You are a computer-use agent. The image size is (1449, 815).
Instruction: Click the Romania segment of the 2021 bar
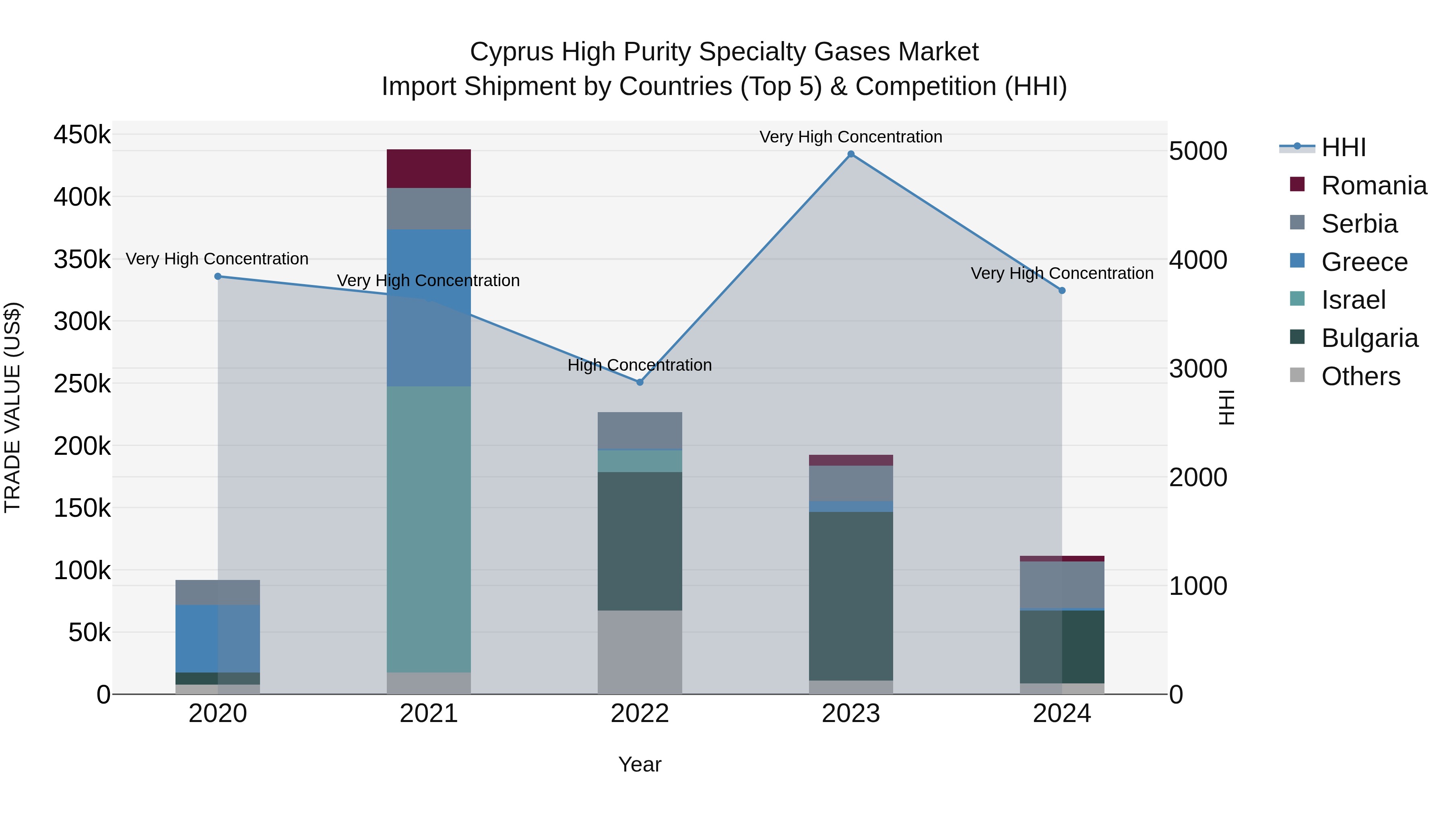(429, 169)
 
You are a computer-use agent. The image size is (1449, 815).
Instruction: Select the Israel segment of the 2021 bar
(429, 529)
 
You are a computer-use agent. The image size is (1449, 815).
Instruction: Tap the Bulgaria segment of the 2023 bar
(850, 596)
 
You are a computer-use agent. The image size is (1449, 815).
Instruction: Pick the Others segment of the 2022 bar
(640, 652)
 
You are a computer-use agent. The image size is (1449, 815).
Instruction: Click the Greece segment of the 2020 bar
(218, 638)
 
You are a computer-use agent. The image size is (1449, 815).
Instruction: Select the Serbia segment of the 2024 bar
(1062, 585)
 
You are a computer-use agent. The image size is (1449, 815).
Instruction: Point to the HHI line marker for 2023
(850, 154)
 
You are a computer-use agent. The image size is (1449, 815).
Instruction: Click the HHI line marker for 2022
(640, 382)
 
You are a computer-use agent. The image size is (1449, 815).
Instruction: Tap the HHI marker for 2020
(218, 276)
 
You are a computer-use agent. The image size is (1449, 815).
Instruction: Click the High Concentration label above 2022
(640, 365)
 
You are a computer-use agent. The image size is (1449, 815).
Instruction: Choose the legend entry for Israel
(1353, 300)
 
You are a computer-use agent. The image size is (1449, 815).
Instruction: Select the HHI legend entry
(1343, 147)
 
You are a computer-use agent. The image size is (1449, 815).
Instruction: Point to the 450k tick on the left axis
(82, 135)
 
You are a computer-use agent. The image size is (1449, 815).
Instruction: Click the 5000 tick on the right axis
(1197, 151)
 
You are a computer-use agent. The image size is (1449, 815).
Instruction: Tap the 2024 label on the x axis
(1062, 714)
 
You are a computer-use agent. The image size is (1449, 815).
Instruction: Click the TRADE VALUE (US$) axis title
(12, 407)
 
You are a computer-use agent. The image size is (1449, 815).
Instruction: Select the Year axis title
(640, 764)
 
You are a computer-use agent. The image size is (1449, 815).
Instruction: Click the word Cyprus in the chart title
(512, 52)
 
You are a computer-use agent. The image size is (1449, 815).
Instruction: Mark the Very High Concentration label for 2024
(1062, 273)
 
